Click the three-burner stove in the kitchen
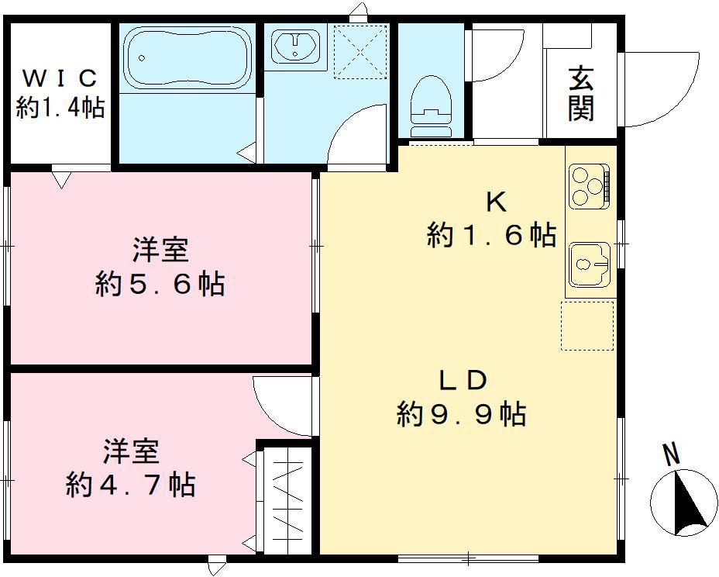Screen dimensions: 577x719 coord(589,187)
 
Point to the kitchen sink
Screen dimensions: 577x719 coord(590,264)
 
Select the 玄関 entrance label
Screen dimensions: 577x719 coord(581,95)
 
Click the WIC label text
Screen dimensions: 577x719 coord(60,78)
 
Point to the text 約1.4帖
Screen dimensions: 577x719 coord(60,108)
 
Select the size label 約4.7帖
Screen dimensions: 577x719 coord(130,485)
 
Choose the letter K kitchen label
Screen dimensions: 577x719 coord(495,202)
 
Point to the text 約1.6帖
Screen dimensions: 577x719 coord(491,234)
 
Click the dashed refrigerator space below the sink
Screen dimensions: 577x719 coord(587,326)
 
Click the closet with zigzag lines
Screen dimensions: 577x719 coord(286,498)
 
